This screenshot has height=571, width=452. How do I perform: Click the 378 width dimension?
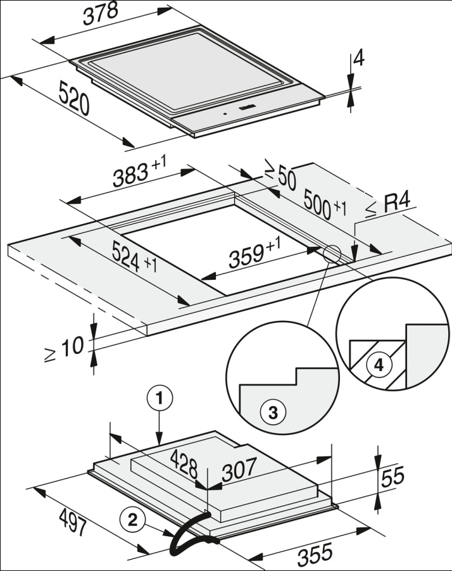pos(100,15)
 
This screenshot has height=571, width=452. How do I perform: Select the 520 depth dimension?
pos(73,98)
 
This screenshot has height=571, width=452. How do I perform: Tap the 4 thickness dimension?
pos(359,60)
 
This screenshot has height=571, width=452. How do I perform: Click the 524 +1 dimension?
pos(134,258)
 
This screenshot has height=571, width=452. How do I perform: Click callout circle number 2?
pos(132,520)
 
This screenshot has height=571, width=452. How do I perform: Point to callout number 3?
pos(273,413)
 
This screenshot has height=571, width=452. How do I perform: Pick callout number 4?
pos(379,365)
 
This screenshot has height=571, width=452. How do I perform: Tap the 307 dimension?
pos(239,469)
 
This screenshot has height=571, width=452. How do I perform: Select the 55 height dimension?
pos(392,477)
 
